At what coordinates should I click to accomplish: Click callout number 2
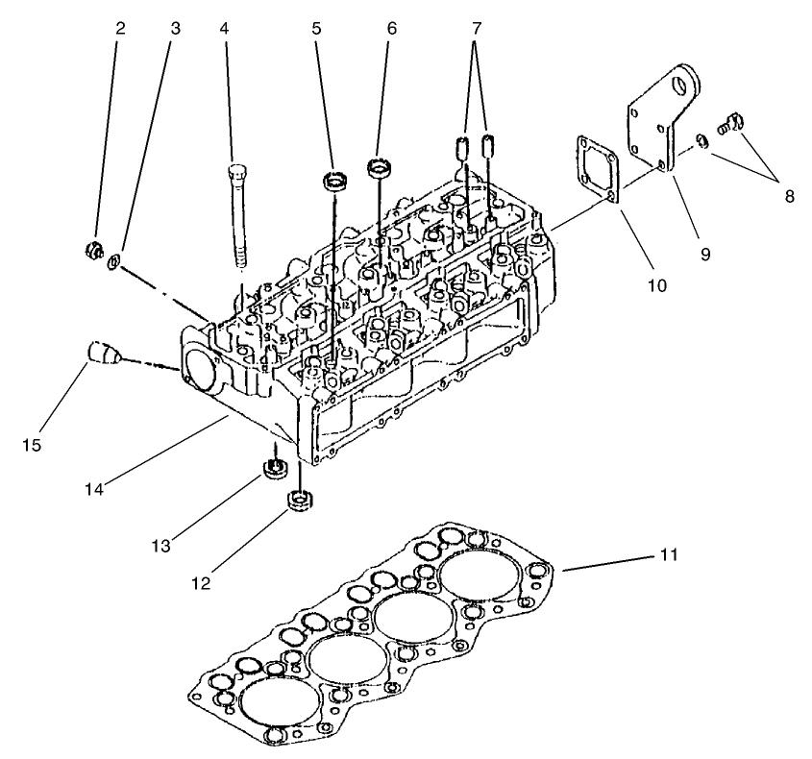120,29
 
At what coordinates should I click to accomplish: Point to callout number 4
224,29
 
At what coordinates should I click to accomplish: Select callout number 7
476,29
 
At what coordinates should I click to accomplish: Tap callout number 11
669,554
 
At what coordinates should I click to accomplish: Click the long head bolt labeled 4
236,216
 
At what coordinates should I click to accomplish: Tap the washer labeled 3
113,261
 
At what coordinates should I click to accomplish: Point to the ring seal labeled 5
334,180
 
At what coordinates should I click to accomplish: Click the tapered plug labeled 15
101,353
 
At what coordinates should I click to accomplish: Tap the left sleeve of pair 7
462,148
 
